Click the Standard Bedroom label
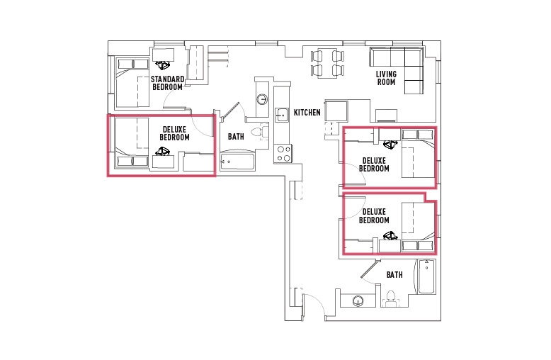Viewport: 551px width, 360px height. [168, 83]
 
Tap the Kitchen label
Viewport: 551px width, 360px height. [307, 113]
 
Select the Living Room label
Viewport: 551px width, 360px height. [386, 78]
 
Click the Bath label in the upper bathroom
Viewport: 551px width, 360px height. [236, 136]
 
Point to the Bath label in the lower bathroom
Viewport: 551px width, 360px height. [394, 274]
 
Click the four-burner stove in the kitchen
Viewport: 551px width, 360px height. [284, 153]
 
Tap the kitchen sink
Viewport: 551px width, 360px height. [281, 115]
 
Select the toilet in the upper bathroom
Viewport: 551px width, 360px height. [259, 133]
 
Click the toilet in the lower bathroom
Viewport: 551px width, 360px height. [391, 298]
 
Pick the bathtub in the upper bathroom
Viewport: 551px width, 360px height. [237, 162]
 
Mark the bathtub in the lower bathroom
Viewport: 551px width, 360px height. [426, 276]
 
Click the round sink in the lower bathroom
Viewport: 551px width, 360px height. [358, 301]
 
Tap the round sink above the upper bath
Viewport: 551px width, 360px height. [262, 99]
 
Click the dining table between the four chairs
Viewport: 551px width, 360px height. [327, 63]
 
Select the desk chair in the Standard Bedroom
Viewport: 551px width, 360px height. [163, 65]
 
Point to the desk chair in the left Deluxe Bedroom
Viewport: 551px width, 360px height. [163, 151]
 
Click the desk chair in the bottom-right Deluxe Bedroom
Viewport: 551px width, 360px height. [390, 235]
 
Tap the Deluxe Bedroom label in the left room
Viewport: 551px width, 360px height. [175, 134]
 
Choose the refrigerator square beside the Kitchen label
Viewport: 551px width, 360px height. [336, 111]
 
